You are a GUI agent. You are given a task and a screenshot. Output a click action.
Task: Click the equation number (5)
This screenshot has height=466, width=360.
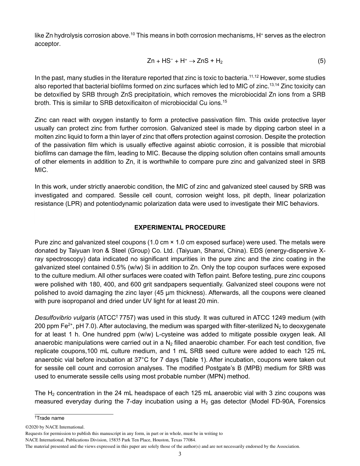click(x=321, y=61)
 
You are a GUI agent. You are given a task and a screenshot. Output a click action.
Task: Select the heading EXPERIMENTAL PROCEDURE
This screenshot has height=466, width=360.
click(x=180, y=227)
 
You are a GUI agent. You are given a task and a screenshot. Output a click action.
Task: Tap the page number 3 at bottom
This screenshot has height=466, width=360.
click(x=180, y=454)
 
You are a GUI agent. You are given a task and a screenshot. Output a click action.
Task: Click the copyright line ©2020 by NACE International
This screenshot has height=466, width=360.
click(x=55, y=427)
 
